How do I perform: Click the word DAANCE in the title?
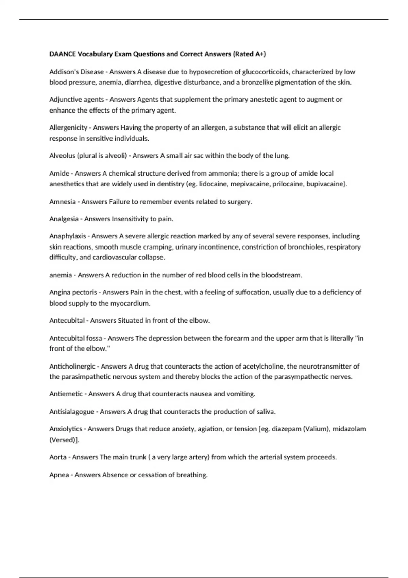[63, 54]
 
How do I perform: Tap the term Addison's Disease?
[76, 72]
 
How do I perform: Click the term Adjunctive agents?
[76, 100]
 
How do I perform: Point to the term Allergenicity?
[68, 128]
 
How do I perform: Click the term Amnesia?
[63, 202]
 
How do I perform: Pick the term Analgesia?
[64, 219]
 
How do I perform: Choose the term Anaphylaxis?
[68, 236]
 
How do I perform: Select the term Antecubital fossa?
[75, 338]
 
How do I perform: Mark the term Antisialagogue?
[72, 412]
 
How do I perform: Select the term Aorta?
[58, 457]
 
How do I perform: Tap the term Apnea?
[59, 475]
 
